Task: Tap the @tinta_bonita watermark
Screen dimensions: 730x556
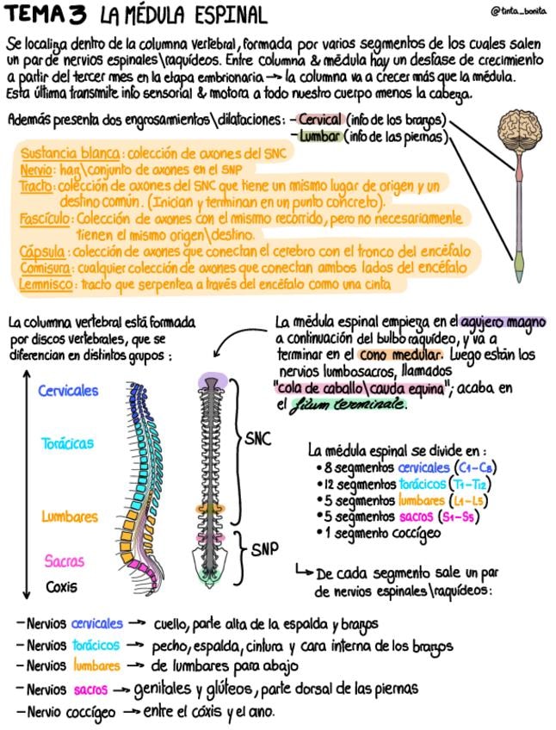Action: (521, 11)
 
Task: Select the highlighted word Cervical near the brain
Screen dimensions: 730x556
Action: (321, 120)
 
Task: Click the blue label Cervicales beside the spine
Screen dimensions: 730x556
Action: (68, 390)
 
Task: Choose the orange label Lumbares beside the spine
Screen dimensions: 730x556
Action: (70, 517)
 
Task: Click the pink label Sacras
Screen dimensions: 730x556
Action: (65, 561)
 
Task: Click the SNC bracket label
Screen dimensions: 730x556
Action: (257, 439)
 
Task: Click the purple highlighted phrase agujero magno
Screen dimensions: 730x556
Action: (503, 323)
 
